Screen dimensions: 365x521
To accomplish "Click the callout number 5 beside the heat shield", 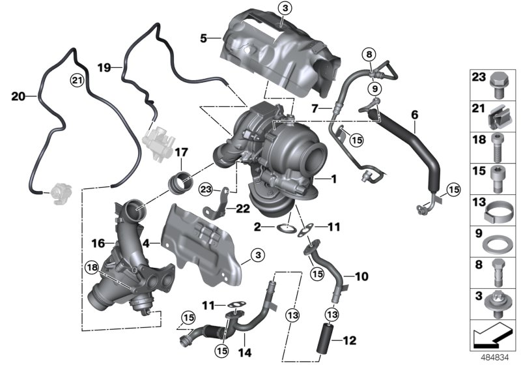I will click(x=204, y=38).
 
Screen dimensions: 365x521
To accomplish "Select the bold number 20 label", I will click(x=18, y=96).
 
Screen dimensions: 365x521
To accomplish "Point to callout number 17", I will click(x=180, y=153).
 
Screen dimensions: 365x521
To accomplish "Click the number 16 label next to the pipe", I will click(x=98, y=243).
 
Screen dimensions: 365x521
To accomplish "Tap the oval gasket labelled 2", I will click(x=285, y=228).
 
